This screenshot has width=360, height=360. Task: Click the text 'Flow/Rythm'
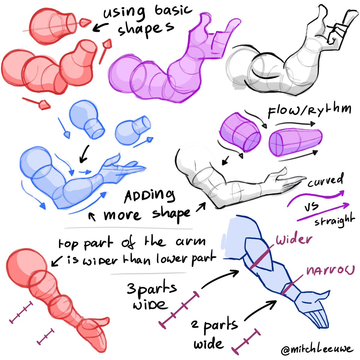pos(309,110)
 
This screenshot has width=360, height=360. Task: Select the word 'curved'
pos(325,181)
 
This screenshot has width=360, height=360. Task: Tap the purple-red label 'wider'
pos(294,240)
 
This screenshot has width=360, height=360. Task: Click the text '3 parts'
pos(151,289)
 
